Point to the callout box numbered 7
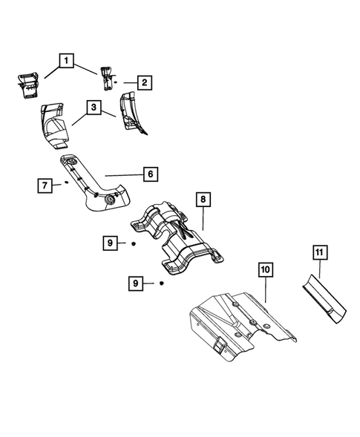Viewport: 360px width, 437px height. coord(45,185)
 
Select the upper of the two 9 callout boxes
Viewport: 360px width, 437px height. coord(109,242)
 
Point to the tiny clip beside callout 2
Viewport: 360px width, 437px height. coord(117,83)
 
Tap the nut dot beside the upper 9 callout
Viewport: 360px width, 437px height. coord(132,243)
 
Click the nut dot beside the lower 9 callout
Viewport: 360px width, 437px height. coord(160,283)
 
